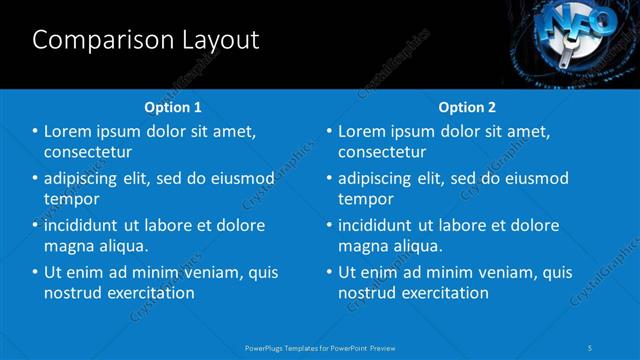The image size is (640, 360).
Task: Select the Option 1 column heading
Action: click(173, 107)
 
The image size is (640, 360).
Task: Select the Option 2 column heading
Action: click(467, 107)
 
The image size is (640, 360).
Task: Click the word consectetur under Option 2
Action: click(382, 152)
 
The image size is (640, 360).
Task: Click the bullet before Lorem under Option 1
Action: click(36, 132)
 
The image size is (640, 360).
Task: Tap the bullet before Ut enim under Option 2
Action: click(329, 272)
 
